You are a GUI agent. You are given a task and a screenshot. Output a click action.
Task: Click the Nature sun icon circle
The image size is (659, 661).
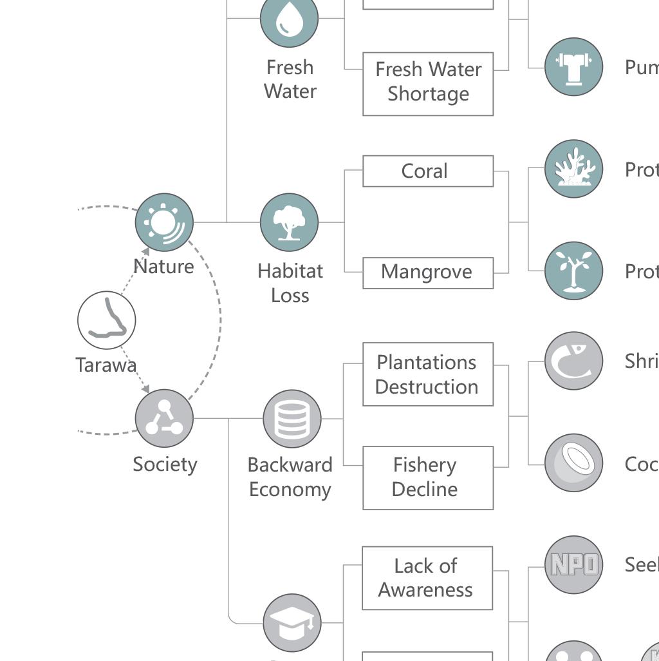point(164,222)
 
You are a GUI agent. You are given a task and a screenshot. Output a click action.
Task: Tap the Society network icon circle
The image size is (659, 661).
point(164,418)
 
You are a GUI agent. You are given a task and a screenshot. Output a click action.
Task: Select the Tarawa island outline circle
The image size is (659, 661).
point(107,320)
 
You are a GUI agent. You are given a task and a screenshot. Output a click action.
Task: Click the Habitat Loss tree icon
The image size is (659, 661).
point(289,222)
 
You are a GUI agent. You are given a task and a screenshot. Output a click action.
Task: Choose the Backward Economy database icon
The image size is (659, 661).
point(292,419)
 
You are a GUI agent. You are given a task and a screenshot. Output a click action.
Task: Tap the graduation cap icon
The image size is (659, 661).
point(292,622)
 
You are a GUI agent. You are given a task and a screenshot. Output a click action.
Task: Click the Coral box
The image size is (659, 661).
point(428,171)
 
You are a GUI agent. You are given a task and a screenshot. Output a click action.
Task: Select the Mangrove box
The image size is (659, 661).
point(428,273)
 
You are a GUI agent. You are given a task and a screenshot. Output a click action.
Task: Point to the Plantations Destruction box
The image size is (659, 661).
point(428,374)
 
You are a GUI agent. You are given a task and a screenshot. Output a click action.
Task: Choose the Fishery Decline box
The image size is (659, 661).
point(428,477)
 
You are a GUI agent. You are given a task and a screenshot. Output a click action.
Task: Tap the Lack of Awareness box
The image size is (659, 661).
point(427,578)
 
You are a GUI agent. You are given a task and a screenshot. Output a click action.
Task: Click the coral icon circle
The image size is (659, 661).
point(573,169)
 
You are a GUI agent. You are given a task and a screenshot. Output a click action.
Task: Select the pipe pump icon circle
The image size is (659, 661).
point(573,67)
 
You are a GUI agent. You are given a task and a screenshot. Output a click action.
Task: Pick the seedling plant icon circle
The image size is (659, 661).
point(573,271)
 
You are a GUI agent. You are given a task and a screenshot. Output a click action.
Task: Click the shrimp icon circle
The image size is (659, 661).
point(573,361)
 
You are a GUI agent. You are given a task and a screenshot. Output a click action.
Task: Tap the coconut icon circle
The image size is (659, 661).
point(573,463)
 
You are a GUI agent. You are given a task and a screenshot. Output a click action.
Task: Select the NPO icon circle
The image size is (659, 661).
point(573,564)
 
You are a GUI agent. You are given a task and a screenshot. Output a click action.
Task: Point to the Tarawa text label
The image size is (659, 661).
point(106,365)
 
